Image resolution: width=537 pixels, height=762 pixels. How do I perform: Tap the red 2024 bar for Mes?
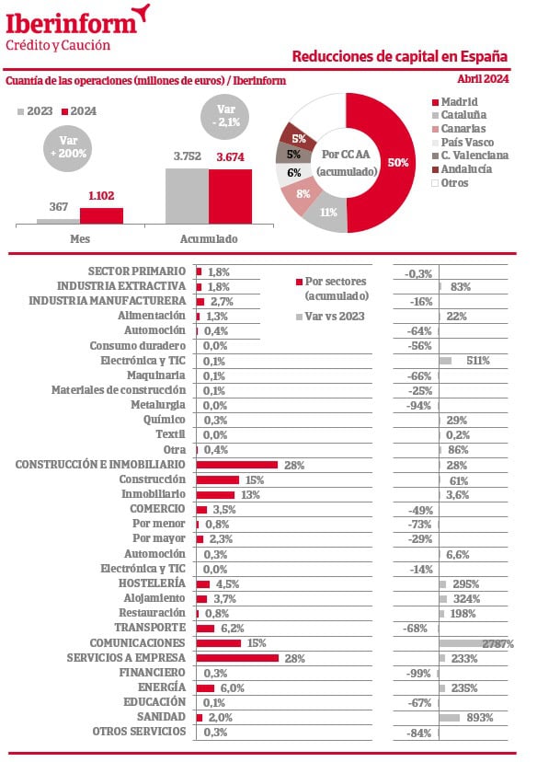(101, 215)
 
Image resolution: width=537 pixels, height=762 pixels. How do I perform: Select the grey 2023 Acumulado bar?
(187, 196)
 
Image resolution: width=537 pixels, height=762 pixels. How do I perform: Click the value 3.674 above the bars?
(230, 157)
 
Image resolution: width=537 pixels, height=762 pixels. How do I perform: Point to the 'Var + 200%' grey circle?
(68, 147)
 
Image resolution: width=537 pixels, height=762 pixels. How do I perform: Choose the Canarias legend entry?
(459, 129)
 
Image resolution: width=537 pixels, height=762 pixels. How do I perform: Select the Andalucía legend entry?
(462, 169)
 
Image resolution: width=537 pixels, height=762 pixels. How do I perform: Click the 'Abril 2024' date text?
(483, 79)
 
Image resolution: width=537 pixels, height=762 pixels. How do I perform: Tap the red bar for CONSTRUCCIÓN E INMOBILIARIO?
(237, 465)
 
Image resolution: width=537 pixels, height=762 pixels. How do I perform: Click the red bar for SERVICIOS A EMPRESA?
(237, 658)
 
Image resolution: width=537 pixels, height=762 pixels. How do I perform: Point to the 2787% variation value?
(497, 644)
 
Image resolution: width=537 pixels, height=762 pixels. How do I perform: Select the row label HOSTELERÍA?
(152, 583)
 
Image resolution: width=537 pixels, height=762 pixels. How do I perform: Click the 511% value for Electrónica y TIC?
(478, 361)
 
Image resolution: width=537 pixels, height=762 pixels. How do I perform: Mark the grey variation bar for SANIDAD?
(449, 718)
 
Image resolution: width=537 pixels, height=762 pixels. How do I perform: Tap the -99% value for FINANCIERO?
(418, 674)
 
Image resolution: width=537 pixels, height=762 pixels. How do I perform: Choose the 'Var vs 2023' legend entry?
(330, 317)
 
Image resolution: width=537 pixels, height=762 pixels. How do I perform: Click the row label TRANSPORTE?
(150, 628)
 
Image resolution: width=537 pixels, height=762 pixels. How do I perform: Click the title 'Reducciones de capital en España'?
(400, 56)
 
